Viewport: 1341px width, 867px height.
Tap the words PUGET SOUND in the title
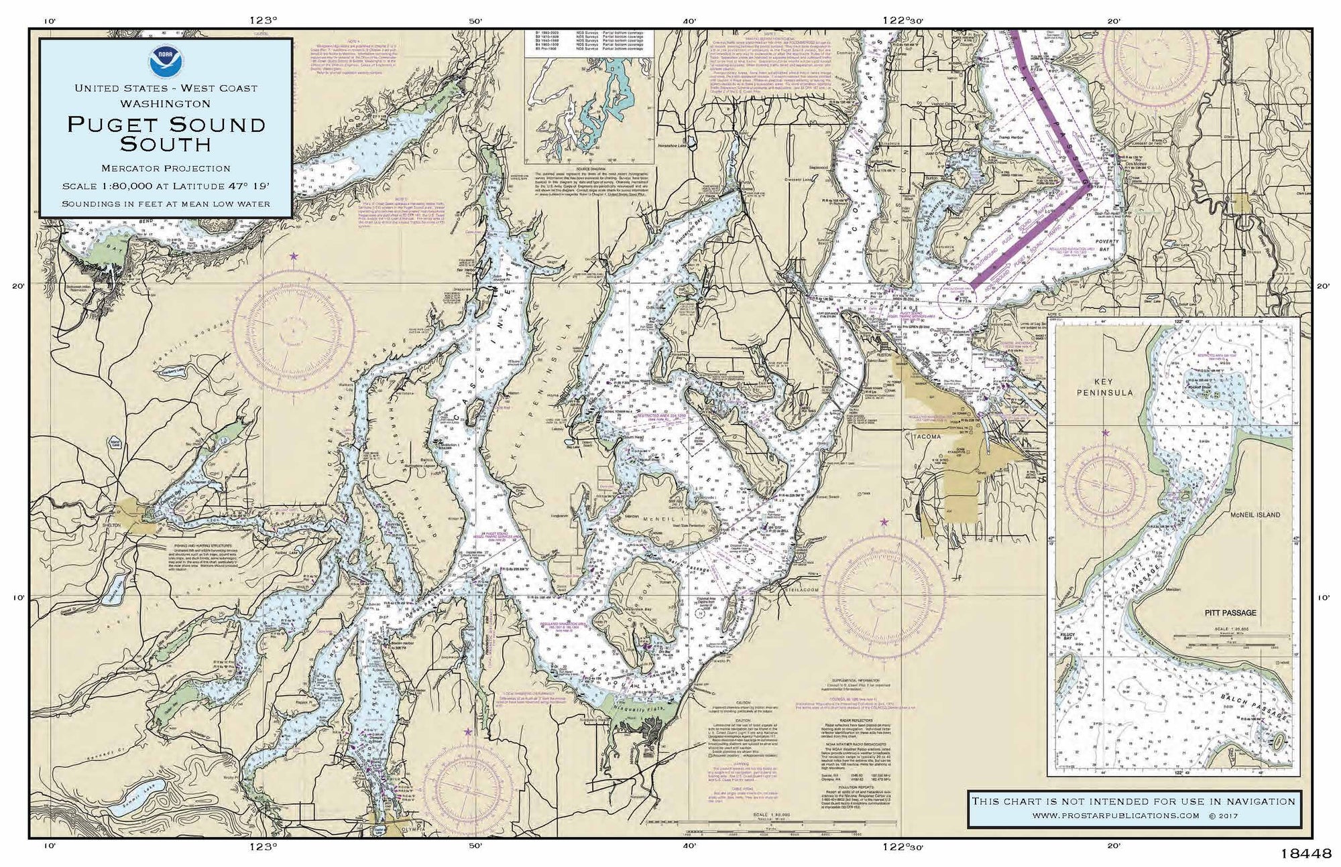pyautogui.click(x=166, y=124)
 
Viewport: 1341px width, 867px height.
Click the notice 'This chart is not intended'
pyautogui.click(x=1133, y=801)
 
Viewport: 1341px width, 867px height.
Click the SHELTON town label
pyautogui.click(x=112, y=525)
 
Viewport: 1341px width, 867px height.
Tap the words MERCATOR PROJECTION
pyautogui.click(x=166, y=168)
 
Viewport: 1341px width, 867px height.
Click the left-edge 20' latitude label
pyautogui.click(x=18, y=286)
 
